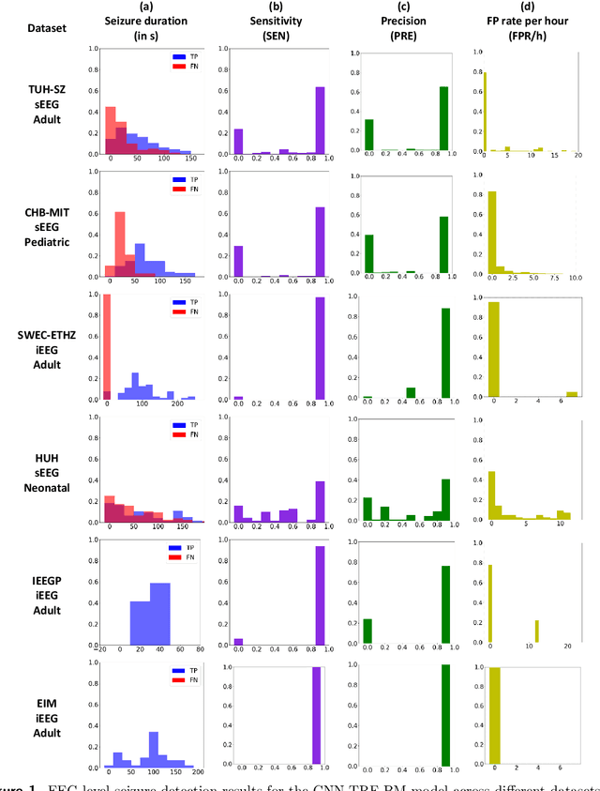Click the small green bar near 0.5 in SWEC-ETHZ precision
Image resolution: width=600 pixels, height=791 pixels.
(410, 393)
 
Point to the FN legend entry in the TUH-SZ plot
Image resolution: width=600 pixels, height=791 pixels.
(184, 67)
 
